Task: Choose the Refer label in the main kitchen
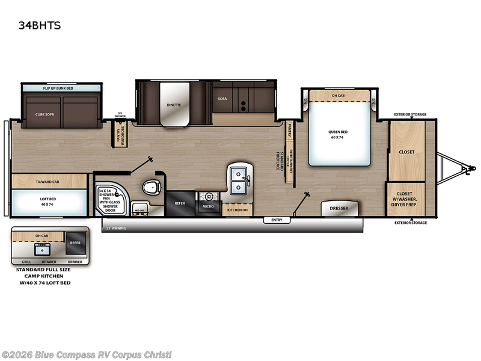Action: [180, 204]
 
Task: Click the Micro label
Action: [208, 206]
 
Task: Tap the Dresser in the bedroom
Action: [340, 209]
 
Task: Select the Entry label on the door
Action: [277, 220]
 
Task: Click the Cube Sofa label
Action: [45, 113]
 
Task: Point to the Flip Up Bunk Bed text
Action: [58, 88]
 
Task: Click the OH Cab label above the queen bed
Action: [338, 95]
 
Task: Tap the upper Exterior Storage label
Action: [411, 114]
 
